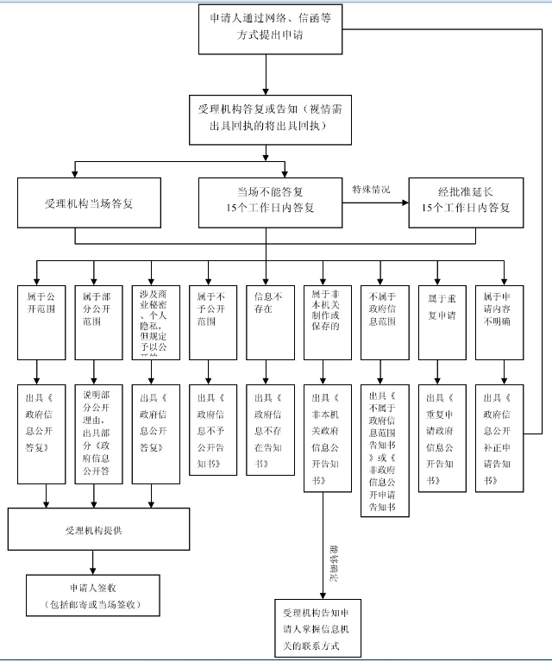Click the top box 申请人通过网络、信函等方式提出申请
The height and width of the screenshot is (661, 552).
click(267, 32)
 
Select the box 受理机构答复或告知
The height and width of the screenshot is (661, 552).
click(267, 117)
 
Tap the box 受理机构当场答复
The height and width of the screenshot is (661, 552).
click(89, 203)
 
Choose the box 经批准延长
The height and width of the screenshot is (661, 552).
click(465, 203)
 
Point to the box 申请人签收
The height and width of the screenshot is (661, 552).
click(92, 595)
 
